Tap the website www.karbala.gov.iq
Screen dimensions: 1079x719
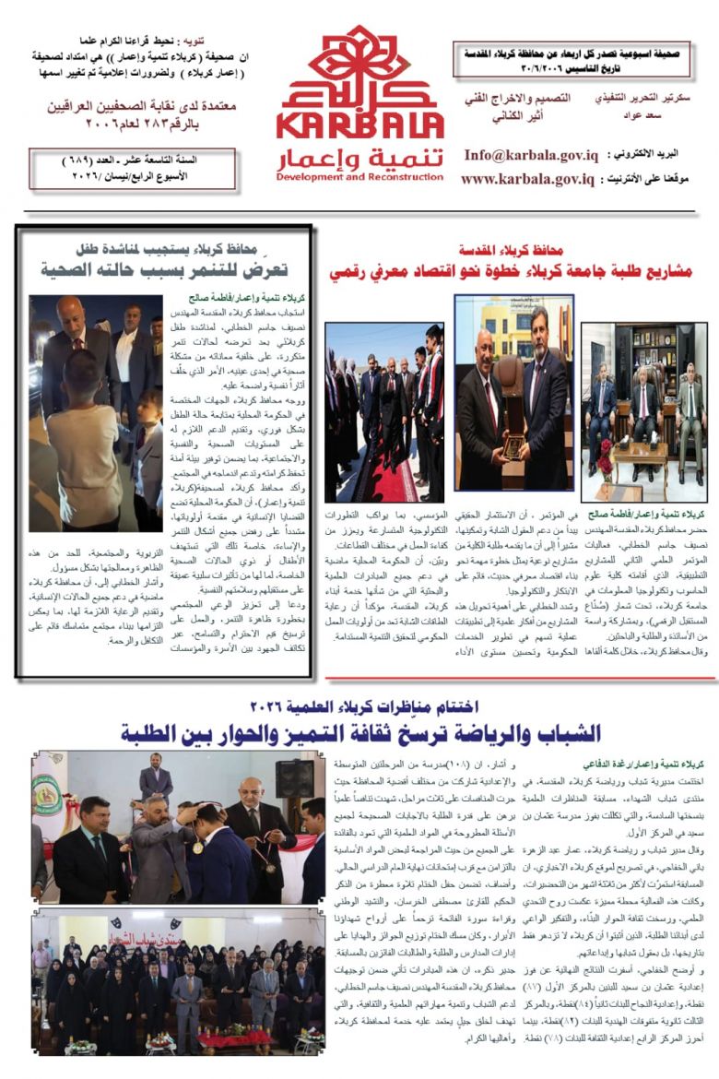pyautogui.click(x=527, y=179)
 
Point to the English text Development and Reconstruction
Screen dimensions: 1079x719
pyautogui.click(x=359, y=177)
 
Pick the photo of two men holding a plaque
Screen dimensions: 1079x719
pyautogui.click(x=513, y=393)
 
